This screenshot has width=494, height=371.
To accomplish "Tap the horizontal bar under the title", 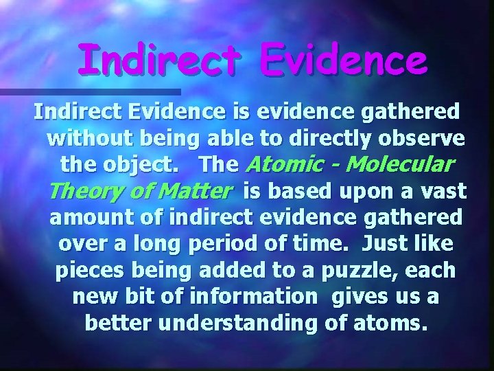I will point(89,91).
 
